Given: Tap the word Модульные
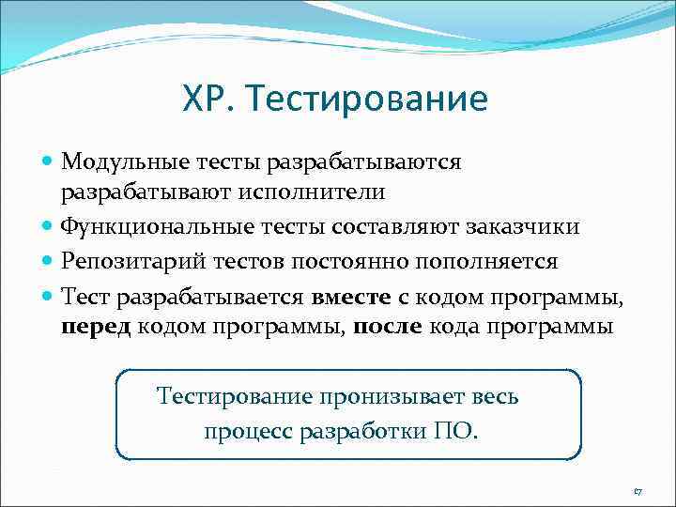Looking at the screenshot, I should pyautogui.click(x=118, y=161).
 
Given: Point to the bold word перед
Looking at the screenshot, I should pyautogui.click(x=97, y=328).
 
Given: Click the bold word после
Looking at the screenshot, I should pyautogui.click(x=388, y=328).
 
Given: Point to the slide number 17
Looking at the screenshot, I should pyautogui.click(x=638, y=491).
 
